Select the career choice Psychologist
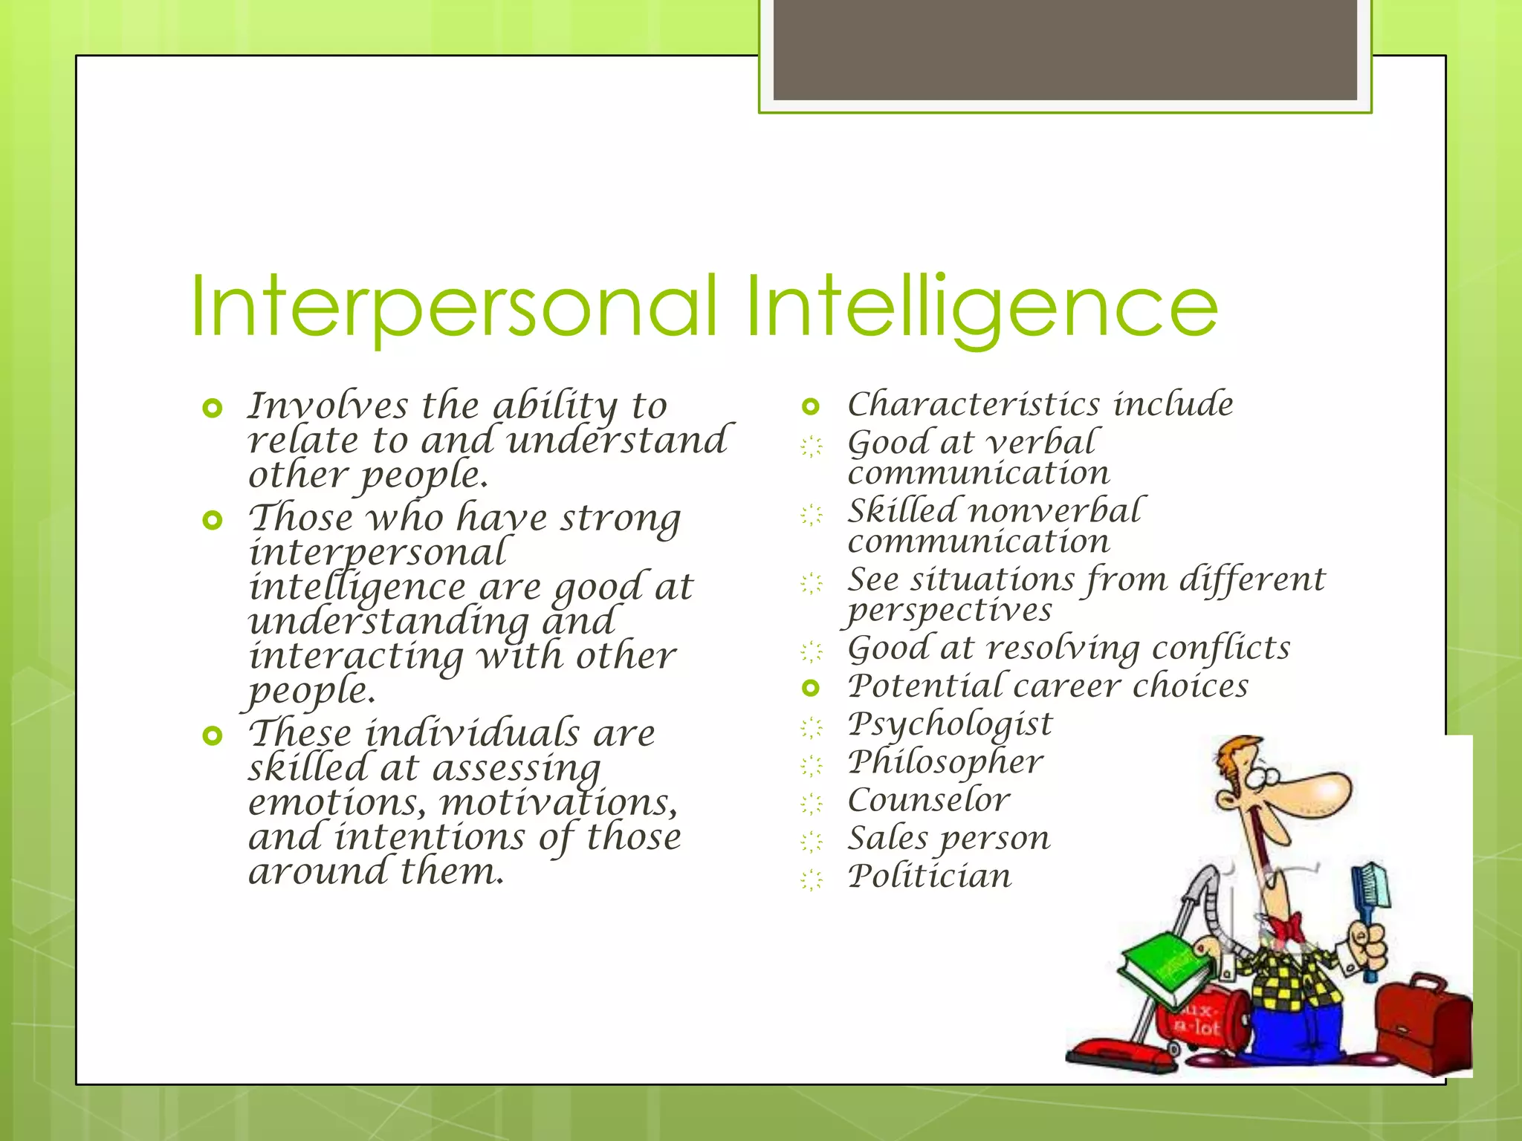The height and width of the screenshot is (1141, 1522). point(950,724)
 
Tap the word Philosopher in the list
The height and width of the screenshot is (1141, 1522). point(945,761)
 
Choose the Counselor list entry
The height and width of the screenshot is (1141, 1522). point(929,800)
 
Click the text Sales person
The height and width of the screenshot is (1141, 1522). point(949,839)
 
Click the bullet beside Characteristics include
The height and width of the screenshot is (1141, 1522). point(811,407)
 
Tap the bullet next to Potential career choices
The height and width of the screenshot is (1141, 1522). point(811,689)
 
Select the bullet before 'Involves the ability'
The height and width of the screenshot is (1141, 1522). point(213,408)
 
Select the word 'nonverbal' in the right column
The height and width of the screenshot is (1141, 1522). point(1055,511)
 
